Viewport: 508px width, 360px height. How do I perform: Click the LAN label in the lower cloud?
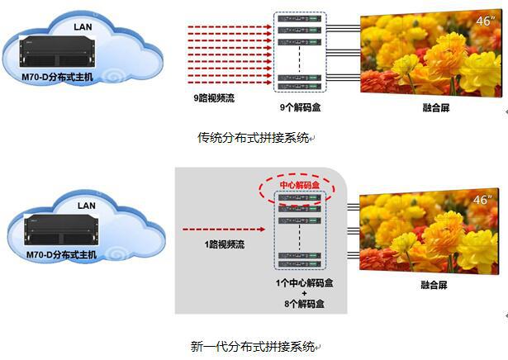coord(84,204)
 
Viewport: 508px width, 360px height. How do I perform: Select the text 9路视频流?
coord(213,97)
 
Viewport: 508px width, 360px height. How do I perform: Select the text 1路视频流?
coord(221,245)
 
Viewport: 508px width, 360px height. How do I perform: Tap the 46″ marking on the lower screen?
coord(482,200)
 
